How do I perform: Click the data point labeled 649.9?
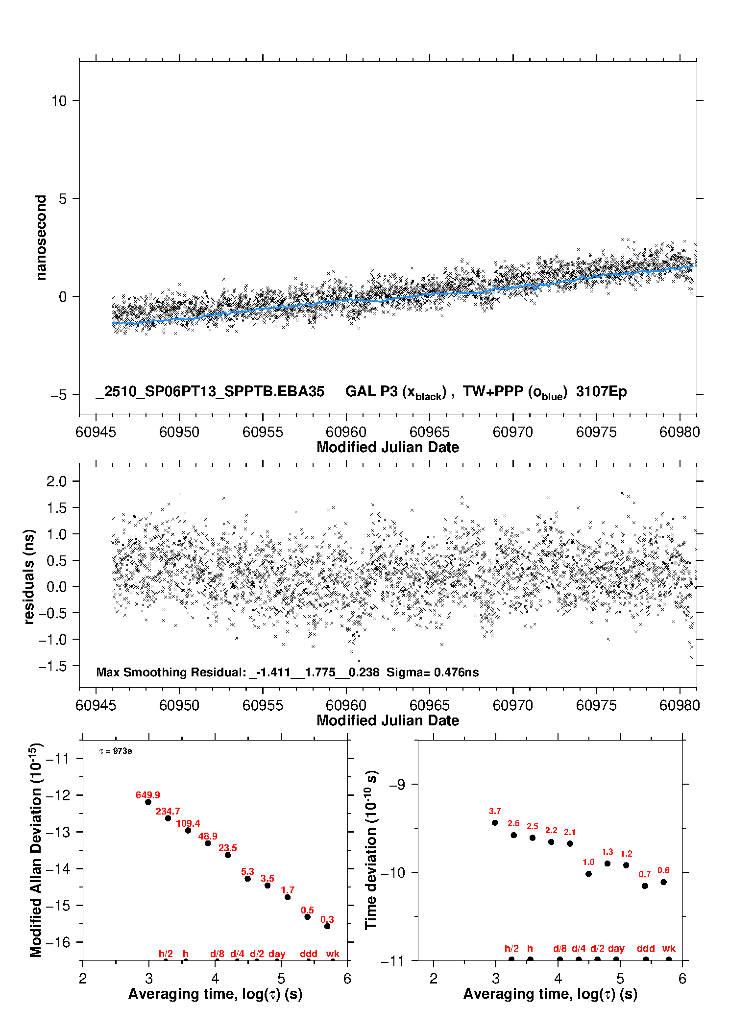point(148,802)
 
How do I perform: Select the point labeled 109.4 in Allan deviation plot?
point(188,830)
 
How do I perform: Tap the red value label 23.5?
point(227,847)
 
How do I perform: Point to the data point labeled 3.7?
point(495,823)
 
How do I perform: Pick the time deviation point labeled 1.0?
point(588,874)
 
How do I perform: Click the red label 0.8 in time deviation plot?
point(663,870)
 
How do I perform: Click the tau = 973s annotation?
point(116,751)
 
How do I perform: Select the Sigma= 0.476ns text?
point(432,672)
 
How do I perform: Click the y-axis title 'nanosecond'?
point(41,238)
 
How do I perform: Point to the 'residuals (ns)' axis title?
point(29,576)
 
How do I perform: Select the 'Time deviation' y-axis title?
point(371,850)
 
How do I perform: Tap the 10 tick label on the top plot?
point(59,101)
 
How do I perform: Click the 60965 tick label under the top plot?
point(429,432)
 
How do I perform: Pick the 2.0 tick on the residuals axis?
point(56,481)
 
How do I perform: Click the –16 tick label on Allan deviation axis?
point(58,942)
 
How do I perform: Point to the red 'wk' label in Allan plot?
point(333,954)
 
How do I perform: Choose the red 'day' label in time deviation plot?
point(616,948)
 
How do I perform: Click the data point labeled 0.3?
point(327,926)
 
